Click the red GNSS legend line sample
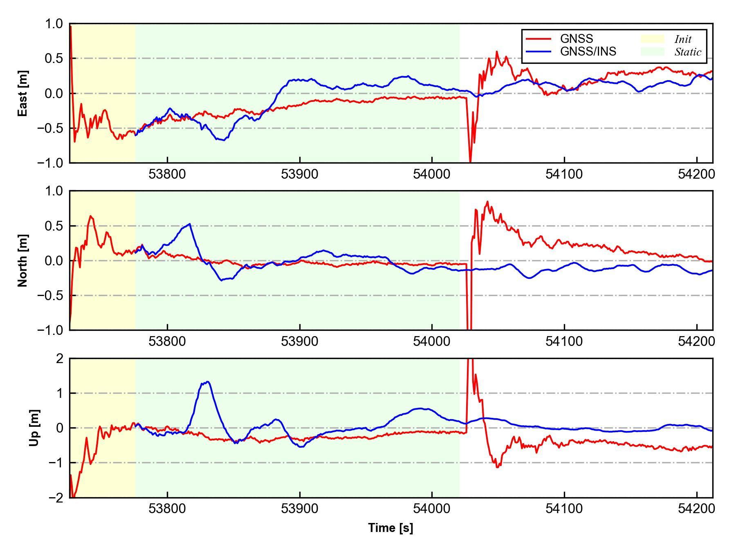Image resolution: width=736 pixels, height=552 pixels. [x=538, y=39]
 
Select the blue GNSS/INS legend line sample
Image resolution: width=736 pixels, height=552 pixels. [x=538, y=52]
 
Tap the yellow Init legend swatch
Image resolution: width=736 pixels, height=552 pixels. [x=652, y=39]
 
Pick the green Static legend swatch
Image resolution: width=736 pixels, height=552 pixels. [x=652, y=52]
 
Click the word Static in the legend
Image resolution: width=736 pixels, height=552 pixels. [x=688, y=52]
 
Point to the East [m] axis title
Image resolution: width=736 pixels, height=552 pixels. [x=23, y=94]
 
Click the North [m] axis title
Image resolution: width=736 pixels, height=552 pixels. [x=23, y=260]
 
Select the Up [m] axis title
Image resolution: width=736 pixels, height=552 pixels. [x=34, y=428]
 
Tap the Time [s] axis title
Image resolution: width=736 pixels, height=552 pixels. [x=390, y=528]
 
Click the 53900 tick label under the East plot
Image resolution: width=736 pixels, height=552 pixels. [x=299, y=174]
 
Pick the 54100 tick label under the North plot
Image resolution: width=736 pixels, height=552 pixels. [x=564, y=341]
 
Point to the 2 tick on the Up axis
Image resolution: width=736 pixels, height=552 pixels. [x=60, y=359]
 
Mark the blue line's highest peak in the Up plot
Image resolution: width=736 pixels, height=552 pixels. [x=208, y=381]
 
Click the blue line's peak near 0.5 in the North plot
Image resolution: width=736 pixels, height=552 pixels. [x=190, y=224]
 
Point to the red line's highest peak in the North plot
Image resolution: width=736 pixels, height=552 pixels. [x=487, y=201]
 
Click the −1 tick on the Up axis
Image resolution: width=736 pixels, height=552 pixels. [x=56, y=463]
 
